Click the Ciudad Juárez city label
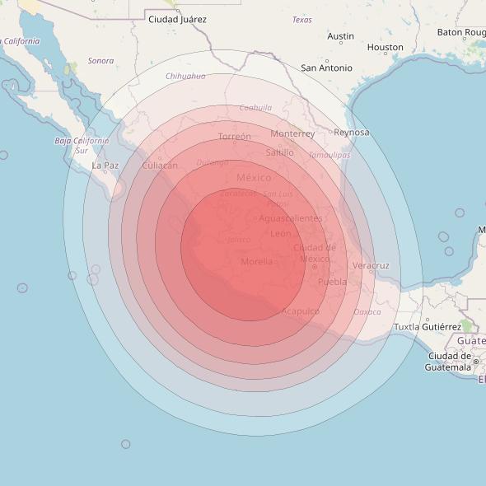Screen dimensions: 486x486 coord(177,19)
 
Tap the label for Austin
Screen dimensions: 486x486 coord(340,36)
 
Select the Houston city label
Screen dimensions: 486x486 coord(385,48)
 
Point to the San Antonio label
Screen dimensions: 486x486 coord(326,68)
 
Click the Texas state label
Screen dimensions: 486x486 coord(302,20)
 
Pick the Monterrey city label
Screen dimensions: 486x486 coord(292,133)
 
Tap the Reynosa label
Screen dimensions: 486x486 coord(351,133)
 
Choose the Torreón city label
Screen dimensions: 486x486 coord(235,137)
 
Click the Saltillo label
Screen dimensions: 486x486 coord(280,152)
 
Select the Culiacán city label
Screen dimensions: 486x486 coord(160,166)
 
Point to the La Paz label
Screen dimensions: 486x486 coord(105,166)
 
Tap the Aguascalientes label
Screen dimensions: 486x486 coord(291,218)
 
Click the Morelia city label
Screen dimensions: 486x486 coord(257,262)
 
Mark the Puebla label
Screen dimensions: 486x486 coord(333,282)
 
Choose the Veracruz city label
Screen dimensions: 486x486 coord(371,266)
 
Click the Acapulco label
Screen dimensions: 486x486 coord(301,311)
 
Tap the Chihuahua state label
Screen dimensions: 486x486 coord(185,76)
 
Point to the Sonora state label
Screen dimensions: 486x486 coord(100,61)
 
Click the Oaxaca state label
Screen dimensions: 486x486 coord(367,312)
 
